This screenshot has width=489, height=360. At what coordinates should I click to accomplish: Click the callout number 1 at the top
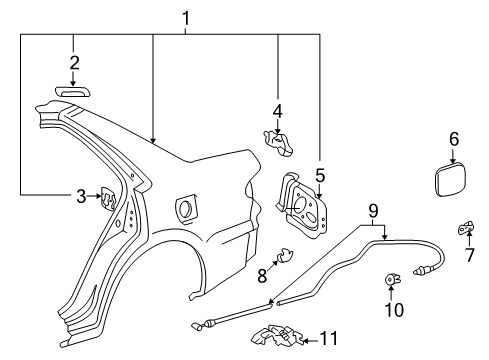click(x=186, y=18)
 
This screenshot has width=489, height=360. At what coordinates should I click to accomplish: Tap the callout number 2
click(x=74, y=63)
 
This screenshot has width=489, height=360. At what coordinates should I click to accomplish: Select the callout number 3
click(x=81, y=196)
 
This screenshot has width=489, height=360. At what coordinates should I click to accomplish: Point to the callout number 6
click(x=454, y=139)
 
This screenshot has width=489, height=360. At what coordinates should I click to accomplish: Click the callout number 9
click(x=373, y=211)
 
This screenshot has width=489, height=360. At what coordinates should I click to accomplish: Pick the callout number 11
click(x=329, y=338)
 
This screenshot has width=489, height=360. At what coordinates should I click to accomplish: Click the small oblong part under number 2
click(x=74, y=92)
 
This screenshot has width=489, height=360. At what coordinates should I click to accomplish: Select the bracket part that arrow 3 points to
click(x=108, y=199)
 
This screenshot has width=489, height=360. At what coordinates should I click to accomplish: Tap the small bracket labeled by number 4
click(x=279, y=143)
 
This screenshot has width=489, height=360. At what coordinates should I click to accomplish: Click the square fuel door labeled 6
click(x=451, y=180)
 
